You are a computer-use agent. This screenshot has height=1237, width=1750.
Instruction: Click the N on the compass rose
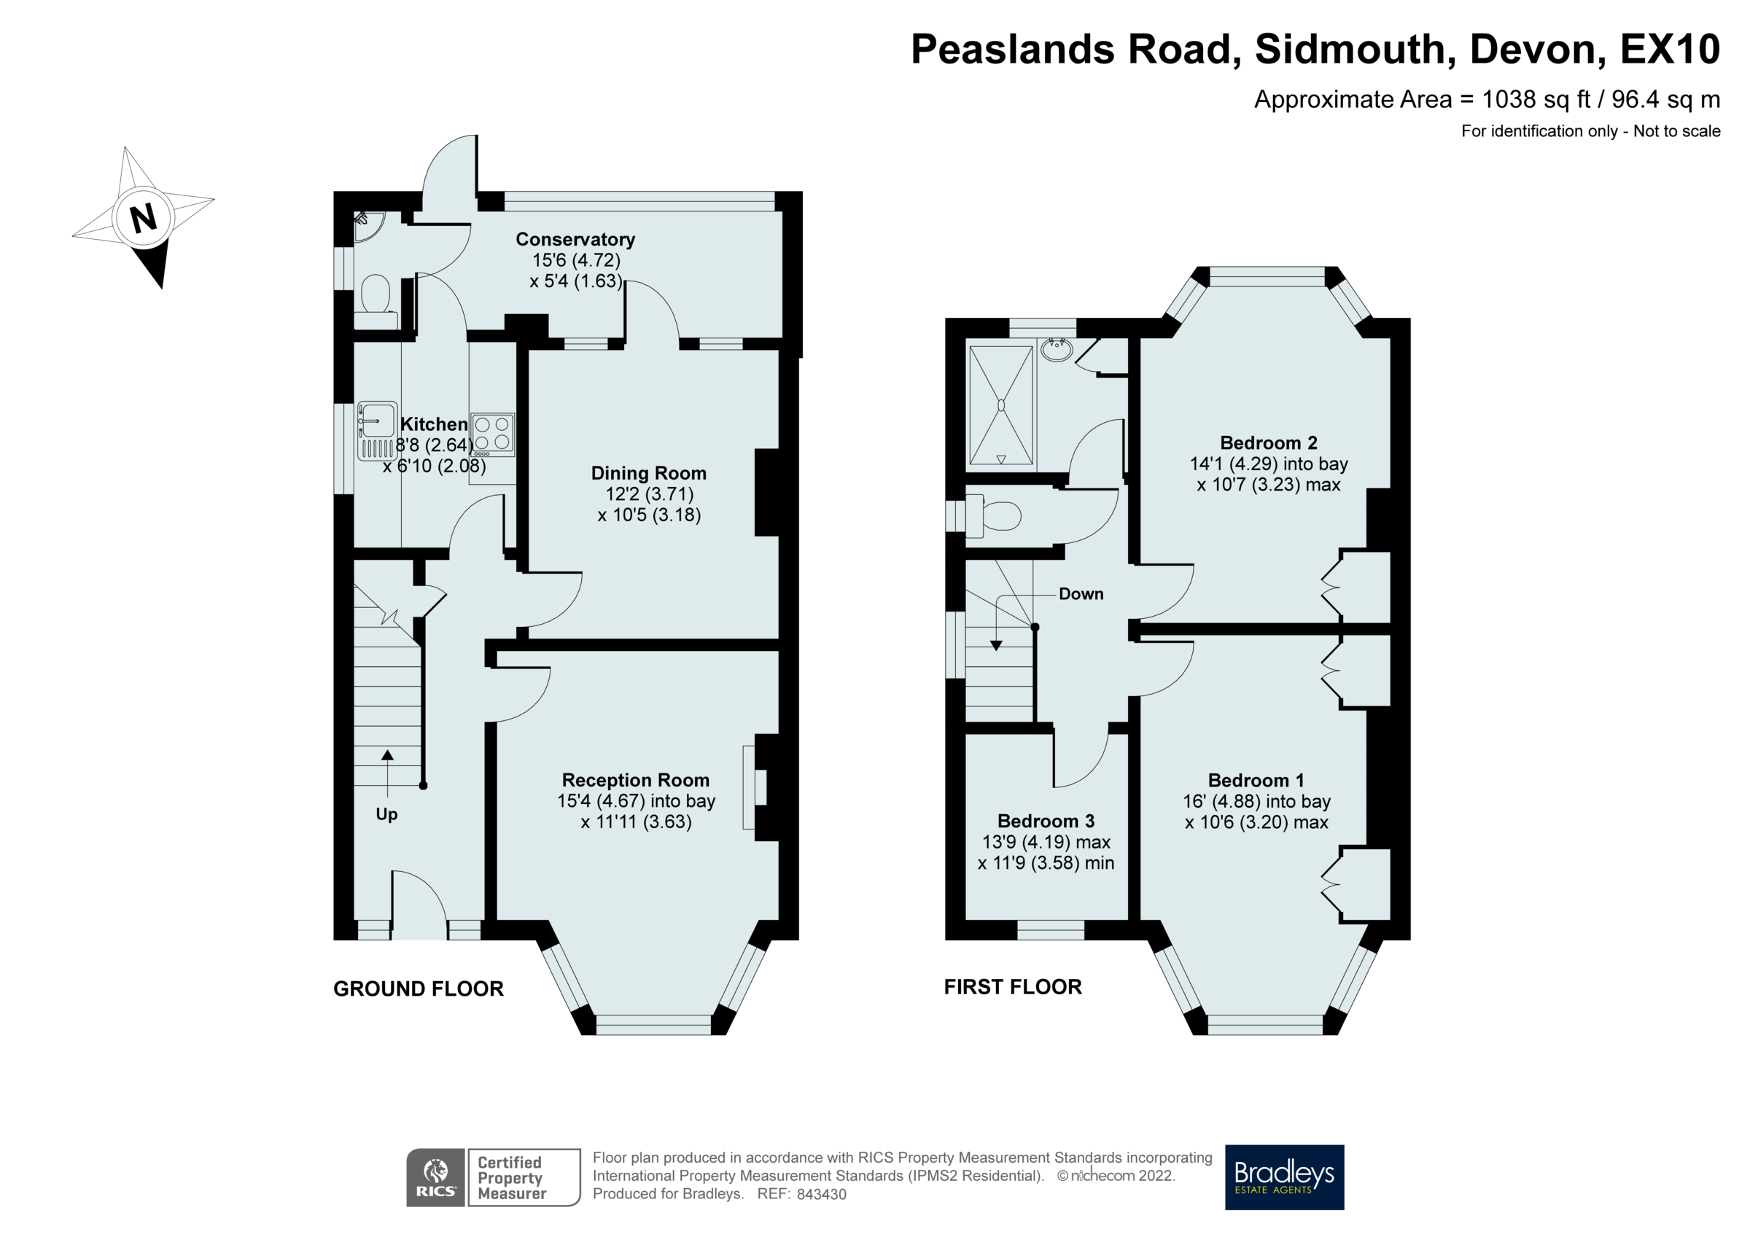144,218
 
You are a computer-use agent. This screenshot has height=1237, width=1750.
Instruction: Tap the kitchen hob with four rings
492,434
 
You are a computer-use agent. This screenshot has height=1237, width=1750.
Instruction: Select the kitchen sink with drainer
377,431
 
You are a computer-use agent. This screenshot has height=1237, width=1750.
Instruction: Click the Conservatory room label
575,239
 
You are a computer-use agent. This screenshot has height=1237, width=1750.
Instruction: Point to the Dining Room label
649,473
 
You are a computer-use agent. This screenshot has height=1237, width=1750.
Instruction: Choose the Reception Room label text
636,780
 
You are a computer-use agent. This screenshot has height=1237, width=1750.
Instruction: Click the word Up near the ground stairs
386,814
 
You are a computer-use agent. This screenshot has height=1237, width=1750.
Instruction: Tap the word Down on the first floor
1081,594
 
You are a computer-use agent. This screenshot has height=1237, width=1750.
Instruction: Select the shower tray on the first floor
1000,405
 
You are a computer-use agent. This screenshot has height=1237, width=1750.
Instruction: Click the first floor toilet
995,516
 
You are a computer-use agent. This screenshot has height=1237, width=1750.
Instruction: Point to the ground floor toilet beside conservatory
375,299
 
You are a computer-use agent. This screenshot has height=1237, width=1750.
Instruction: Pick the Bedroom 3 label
1046,821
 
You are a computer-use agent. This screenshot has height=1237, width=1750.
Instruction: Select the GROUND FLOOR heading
419,988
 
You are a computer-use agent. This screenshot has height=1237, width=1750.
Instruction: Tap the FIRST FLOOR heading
1013,987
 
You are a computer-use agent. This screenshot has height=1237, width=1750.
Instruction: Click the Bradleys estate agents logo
1284,1176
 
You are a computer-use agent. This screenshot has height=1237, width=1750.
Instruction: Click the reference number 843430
821,1194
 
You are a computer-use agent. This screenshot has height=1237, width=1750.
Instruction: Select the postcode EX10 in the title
1669,50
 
